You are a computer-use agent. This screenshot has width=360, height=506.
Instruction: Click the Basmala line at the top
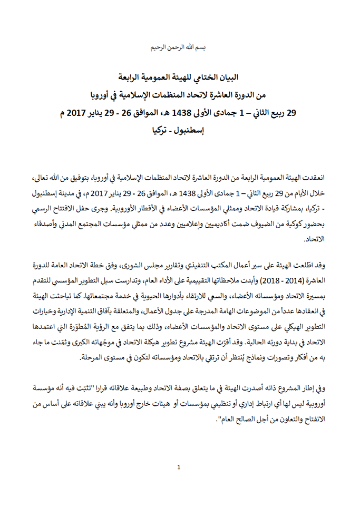tap(180, 47)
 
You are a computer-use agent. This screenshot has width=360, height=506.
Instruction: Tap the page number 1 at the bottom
tap(179, 467)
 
